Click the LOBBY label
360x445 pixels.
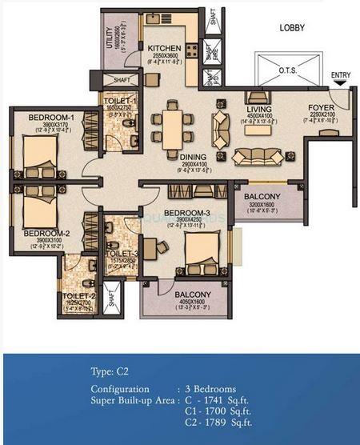click(294, 27)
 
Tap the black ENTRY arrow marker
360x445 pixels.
click(341, 81)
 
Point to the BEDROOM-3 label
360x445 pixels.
click(186, 213)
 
